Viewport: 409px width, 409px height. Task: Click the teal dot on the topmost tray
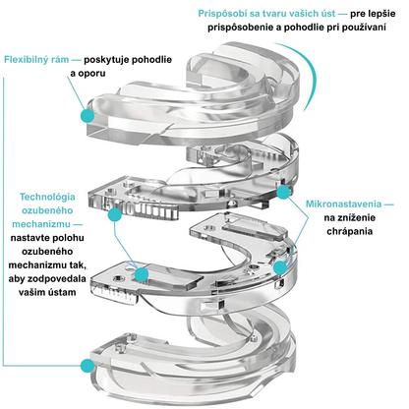88,115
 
